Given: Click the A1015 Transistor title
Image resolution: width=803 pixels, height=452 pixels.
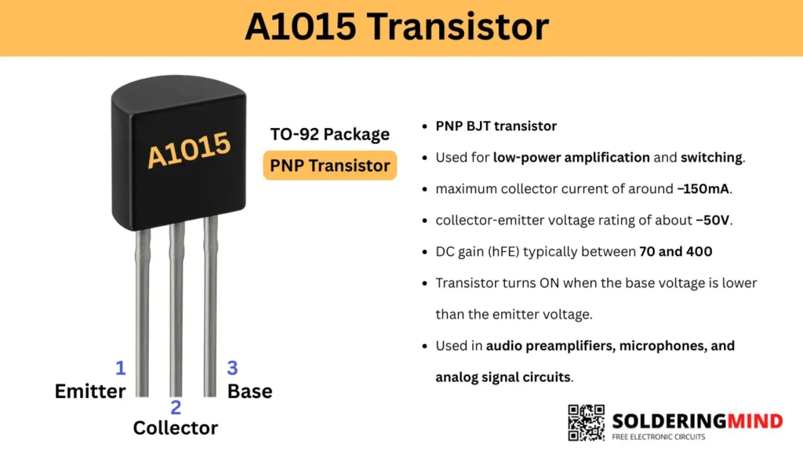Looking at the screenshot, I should tap(396, 27).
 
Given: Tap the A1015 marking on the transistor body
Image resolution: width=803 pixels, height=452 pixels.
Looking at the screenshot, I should tap(189, 150).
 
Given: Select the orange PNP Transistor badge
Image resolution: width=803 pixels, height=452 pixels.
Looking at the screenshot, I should tap(329, 166).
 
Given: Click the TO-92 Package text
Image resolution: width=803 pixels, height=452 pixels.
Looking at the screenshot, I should tap(329, 134).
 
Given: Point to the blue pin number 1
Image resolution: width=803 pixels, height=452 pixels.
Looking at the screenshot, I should tap(121, 368).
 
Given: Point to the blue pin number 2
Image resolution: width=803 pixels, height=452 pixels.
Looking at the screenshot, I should tap(176, 407).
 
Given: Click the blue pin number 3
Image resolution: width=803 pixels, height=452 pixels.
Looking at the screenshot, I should tap(233, 368).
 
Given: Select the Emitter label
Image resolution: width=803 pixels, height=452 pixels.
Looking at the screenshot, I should tap(89, 391).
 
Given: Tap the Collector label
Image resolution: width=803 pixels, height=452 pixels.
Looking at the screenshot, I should tap(175, 428).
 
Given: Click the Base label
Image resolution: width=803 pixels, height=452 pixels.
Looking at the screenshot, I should tap(249, 391).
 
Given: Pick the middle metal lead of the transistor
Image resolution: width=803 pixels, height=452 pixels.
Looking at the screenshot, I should tap(176, 314).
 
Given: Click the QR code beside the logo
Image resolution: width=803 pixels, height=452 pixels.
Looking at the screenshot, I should tap(586, 423).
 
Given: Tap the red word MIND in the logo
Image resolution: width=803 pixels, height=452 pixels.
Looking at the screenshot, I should tap(753, 421).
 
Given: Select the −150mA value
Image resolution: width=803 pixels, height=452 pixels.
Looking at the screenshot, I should tap(709, 188).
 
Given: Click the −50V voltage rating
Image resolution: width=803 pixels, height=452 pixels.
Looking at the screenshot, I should tap(713, 220).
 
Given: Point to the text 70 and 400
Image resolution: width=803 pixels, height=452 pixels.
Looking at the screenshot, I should tap(675, 251).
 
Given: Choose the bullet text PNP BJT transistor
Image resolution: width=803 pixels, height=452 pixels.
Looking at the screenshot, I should tap(496, 126).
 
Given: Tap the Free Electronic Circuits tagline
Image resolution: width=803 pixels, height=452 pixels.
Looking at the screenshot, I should tap(659, 437).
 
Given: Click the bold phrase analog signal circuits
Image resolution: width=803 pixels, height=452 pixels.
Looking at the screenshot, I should tap(503, 377).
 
